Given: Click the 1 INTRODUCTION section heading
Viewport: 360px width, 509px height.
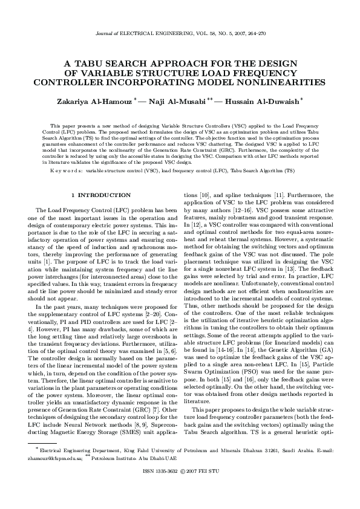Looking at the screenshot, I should coord(100,195).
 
